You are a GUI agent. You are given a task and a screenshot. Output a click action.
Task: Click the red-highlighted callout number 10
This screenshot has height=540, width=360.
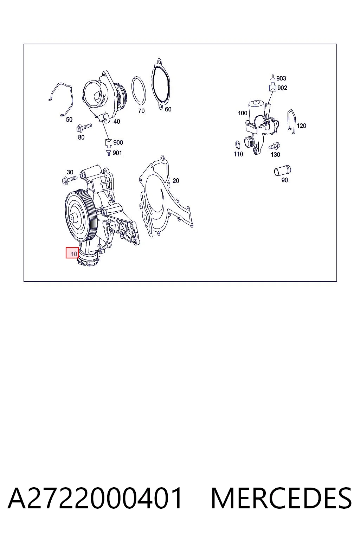point(74,254)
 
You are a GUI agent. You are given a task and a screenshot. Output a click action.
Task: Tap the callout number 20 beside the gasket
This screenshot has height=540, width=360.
point(176,181)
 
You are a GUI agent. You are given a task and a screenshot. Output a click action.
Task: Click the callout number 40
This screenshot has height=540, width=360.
point(117,122)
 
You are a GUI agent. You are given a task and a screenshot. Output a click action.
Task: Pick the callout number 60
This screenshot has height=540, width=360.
point(168,109)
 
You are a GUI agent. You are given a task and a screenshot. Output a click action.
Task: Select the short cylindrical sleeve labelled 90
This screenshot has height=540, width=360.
point(283,171)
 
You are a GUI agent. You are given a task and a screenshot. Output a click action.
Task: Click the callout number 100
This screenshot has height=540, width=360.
point(243,113)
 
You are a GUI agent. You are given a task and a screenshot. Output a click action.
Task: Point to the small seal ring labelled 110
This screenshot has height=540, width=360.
point(238,145)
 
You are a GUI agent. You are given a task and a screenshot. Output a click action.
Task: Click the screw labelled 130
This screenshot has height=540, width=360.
point(275,146)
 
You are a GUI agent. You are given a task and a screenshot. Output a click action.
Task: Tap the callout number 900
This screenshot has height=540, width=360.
point(118,142)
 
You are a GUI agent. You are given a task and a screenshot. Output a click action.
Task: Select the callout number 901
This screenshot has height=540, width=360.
point(117,153)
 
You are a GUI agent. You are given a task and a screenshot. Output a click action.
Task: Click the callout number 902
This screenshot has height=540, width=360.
point(282,88)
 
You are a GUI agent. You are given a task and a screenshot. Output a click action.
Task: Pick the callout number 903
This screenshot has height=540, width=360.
point(281,78)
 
